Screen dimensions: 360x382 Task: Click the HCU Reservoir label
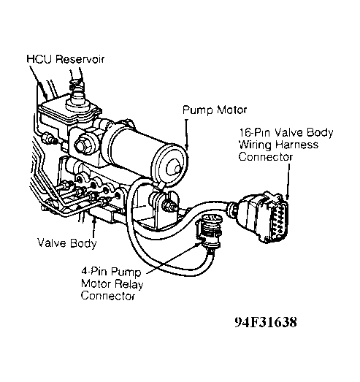pos(65,59)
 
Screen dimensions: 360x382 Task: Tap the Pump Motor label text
pos(215,110)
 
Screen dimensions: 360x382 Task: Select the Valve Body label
pos(67,243)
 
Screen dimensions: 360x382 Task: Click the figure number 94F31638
pos(266,322)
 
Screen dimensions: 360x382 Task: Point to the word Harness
pos(297,145)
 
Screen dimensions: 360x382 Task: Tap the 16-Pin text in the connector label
pos(255,133)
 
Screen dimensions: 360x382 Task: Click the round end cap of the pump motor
pos(170,164)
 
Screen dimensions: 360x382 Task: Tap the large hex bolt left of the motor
pos(83,145)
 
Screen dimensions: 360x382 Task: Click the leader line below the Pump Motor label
pos(187,134)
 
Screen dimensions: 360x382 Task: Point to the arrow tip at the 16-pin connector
pos(288,199)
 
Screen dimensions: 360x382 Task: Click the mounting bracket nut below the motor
pos(169,205)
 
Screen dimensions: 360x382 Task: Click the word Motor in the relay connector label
pos(96,284)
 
